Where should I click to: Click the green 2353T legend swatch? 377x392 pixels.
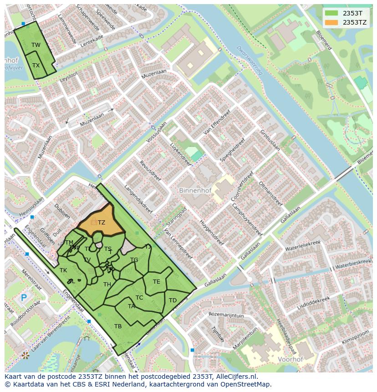pyautogui.click(x=331, y=13)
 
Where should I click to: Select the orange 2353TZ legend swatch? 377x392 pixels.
pyautogui.click(x=331, y=22)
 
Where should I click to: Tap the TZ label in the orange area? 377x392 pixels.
pyautogui.click(x=101, y=223)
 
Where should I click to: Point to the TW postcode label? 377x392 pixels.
pyautogui.click(x=36, y=45)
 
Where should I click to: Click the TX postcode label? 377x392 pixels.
pyautogui.click(x=36, y=65)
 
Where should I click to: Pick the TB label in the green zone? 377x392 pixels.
pyautogui.click(x=118, y=326)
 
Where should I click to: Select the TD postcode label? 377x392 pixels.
pyautogui.click(x=173, y=300)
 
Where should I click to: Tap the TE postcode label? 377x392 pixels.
pyautogui.click(x=156, y=281)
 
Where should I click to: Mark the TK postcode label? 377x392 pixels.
pyautogui.click(x=63, y=270)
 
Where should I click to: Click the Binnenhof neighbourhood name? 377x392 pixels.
pyautogui.click(x=195, y=190)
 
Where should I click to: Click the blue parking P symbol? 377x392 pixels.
pyautogui.click(x=24, y=299)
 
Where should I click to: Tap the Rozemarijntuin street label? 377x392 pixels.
pyautogui.click(x=226, y=315)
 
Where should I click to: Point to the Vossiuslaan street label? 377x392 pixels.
pyautogui.click(x=156, y=132)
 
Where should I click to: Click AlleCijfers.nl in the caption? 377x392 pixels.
pyautogui.click(x=235, y=377)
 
